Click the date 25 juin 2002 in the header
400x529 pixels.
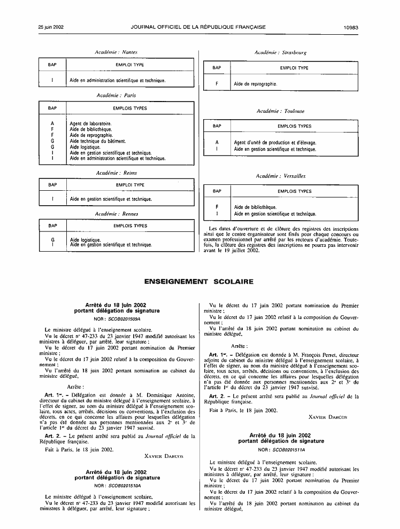pos(51,26)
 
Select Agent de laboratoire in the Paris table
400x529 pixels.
pos(90,123)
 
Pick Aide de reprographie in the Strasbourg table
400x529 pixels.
pos(256,84)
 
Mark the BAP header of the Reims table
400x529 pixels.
pos(52,185)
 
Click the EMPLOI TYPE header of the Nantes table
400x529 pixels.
pos(130,65)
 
